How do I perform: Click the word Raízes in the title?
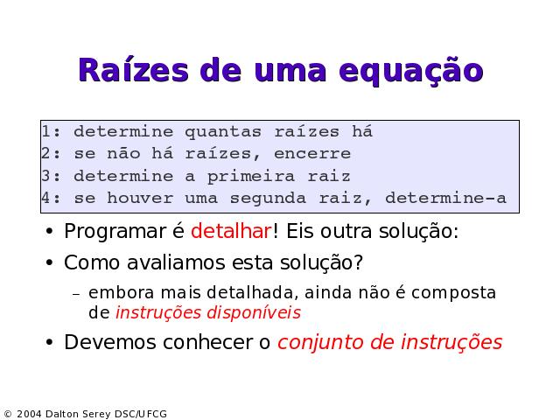tap(133, 70)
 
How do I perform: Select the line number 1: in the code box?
tap(52, 131)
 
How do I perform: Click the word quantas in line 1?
tap(223, 132)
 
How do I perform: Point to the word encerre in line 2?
tap(312, 154)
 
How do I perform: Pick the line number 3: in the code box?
tap(52, 176)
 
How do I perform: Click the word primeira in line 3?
tap(251, 177)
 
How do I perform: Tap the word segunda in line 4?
tap(268, 199)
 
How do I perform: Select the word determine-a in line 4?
tap(445, 198)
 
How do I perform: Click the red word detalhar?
tap(231, 231)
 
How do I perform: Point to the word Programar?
tap(115, 231)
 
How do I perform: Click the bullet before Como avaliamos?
tap(49, 262)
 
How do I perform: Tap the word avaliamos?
tap(176, 262)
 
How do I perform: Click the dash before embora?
tap(76, 294)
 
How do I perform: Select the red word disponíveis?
tap(254, 313)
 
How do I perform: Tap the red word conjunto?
tap(321, 343)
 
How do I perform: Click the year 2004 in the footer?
tap(29, 414)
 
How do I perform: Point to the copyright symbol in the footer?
tap(8, 414)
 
